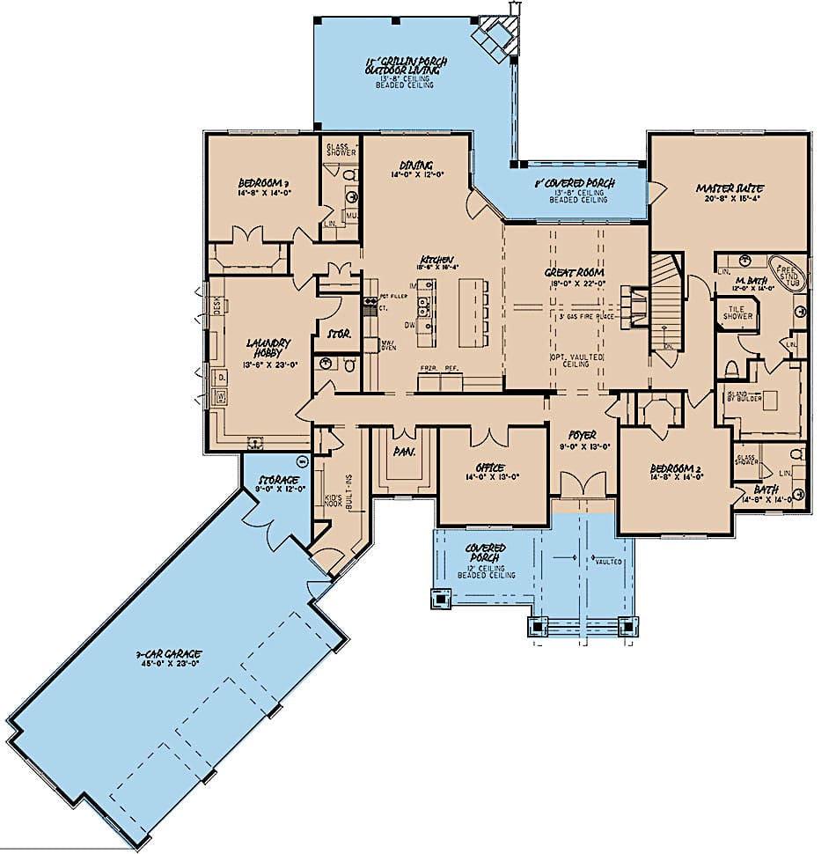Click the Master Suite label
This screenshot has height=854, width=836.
(x=730, y=188)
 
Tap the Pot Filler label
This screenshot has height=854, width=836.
(x=390, y=296)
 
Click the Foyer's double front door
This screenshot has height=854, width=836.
(x=582, y=483)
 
